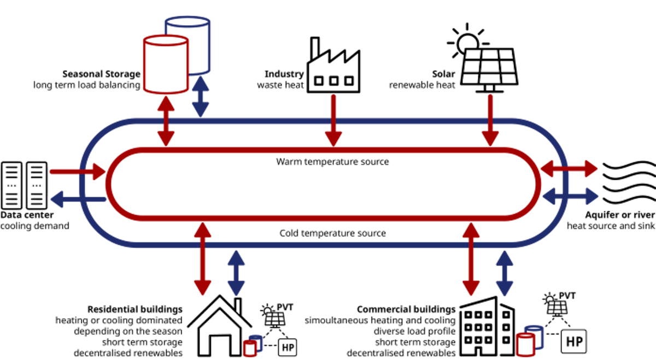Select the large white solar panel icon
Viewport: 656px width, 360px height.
coord(489,67)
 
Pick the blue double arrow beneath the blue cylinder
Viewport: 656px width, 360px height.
coord(201,96)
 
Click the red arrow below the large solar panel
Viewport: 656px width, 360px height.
coord(490,120)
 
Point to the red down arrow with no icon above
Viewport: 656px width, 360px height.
coord(333,120)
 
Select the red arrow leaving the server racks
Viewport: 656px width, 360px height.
coord(77,172)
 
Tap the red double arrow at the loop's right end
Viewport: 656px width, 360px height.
coord(569,169)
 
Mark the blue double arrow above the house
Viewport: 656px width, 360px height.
coord(236,272)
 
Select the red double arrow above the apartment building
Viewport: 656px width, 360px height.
coord(471,257)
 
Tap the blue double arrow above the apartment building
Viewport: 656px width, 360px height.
coord(504,272)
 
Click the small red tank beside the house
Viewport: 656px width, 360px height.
coord(249,347)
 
